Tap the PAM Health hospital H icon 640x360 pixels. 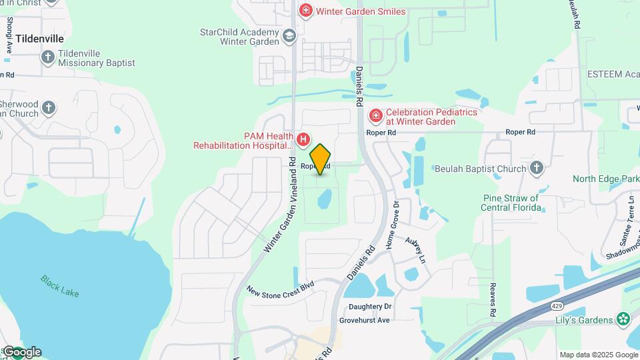coord(303,139)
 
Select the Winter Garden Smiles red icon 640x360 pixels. coord(306,11)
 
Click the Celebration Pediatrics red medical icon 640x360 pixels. coord(375,117)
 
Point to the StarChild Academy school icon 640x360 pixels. coord(289,36)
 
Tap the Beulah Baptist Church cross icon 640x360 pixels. coord(537,168)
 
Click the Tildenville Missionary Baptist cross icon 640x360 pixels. coord(47,57)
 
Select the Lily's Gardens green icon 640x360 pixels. coord(623,319)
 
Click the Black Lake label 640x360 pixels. coord(59,287)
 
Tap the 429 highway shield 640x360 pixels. coord(555,305)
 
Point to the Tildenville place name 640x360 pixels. coord(41,39)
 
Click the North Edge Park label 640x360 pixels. coord(605,179)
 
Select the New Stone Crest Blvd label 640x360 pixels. coord(280,291)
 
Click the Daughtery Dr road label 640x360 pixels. coord(370,307)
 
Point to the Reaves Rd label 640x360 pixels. coord(492,299)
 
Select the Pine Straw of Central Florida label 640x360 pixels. coord(511,203)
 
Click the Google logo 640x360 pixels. coord(22,352)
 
